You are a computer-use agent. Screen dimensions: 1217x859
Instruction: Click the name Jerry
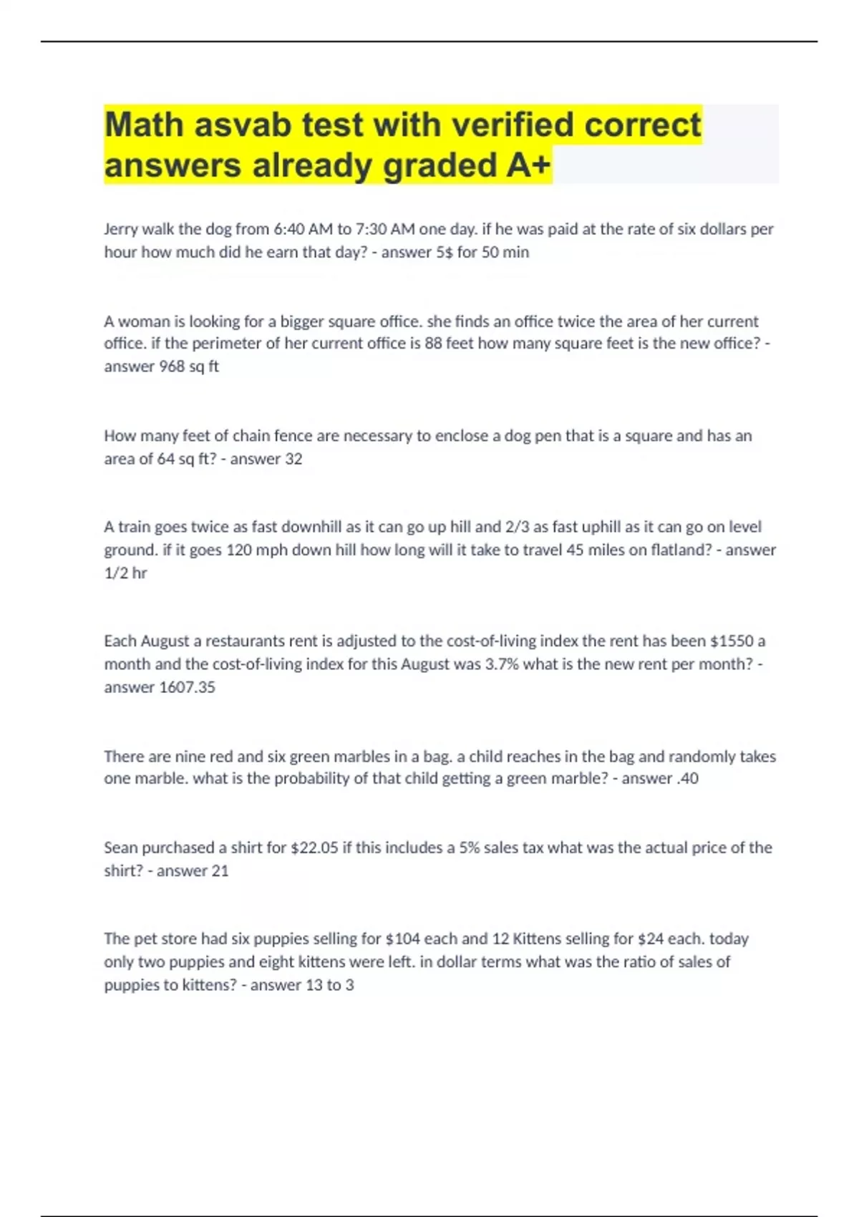pos(121,229)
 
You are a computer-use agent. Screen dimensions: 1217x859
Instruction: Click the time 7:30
pos(371,229)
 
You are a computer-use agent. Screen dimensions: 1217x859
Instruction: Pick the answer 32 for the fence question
pos(293,459)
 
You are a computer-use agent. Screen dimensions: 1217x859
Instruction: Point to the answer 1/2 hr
pos(125,573)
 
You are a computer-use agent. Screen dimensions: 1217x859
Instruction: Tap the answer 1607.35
pos(187,687)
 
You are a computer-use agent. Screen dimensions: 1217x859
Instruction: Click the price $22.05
pos(314,848)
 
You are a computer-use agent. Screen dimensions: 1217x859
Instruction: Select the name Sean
pos(121,848)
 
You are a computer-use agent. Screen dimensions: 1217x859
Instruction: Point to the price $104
pos(402,939)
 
